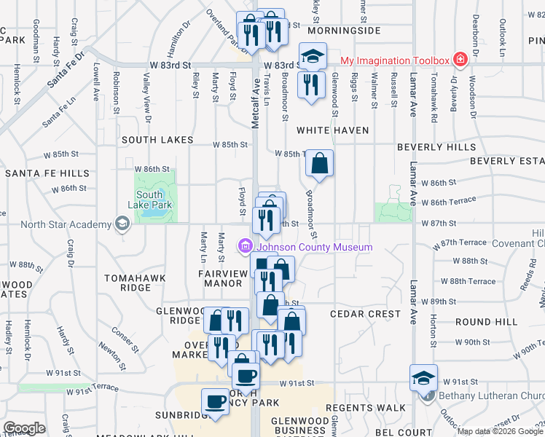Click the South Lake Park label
click(x=149, y=200)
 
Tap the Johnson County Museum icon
click(x=245, y=248)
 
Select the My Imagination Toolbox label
click(x=394, y=59)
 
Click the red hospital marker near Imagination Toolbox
click(x=460, y=59)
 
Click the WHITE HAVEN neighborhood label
click(x=332, y=130)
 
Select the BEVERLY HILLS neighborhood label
click(x=436, y=147)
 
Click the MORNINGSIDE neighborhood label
click(x=344, y=31)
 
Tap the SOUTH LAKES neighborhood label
click(x=157, y=140)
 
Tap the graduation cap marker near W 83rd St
click(x=313, y=56)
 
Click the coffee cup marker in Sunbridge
click(x=216, y=401)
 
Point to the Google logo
click(x=24, y=428)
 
